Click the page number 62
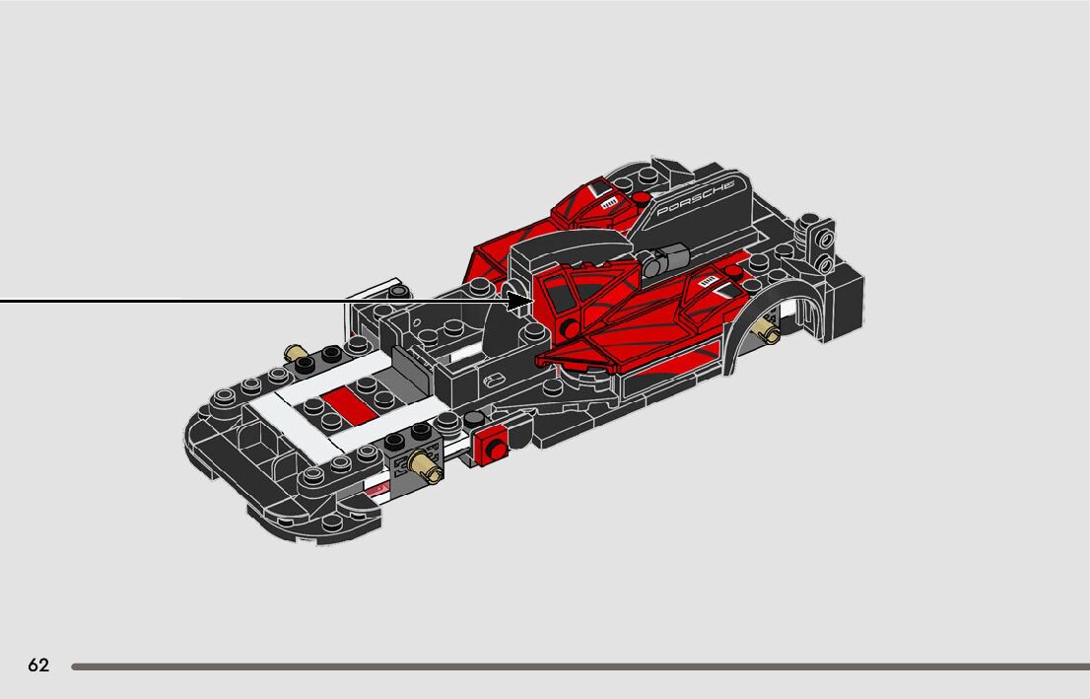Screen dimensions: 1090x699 [38, 665]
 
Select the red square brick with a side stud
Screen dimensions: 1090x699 [491, 446]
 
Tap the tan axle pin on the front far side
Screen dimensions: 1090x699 [294, 354]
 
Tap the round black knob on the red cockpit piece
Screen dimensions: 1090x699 [569, 329]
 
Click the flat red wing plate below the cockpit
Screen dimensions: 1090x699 [581, 350]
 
